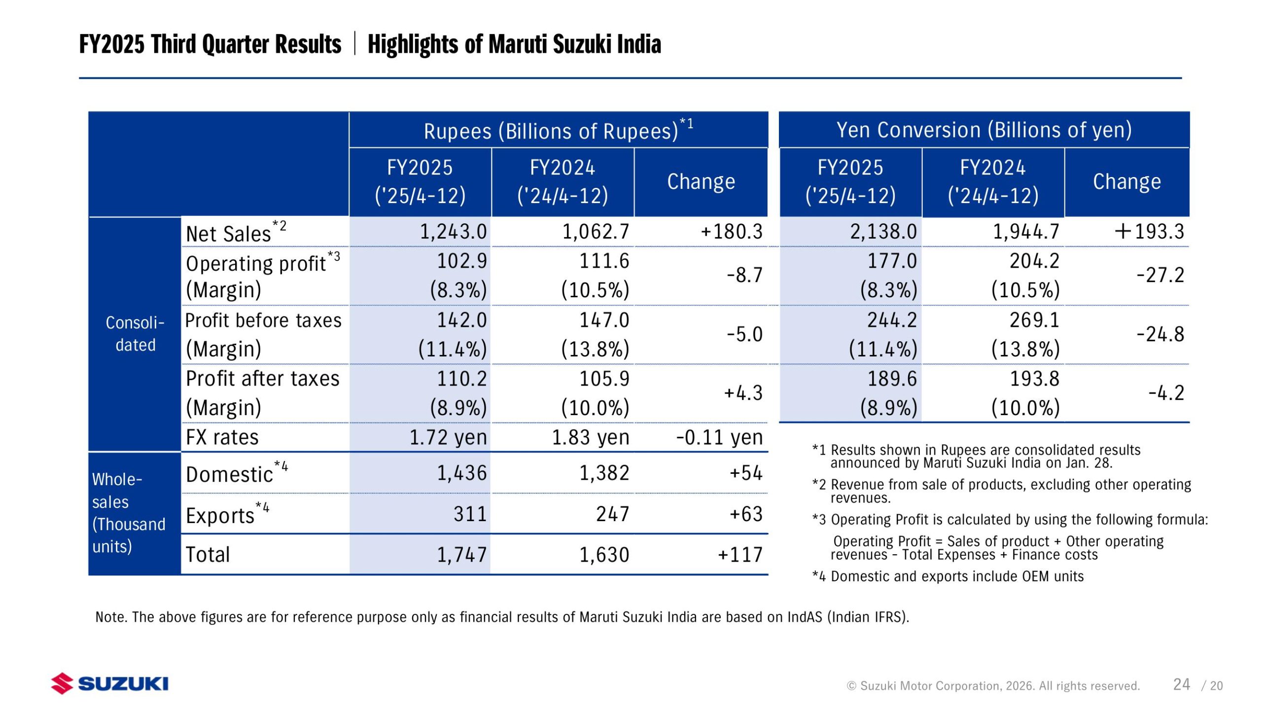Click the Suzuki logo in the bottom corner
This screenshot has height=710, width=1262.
pos(109,683)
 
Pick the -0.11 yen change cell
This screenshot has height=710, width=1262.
pos(719,437)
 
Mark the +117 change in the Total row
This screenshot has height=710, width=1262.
pos(740,555)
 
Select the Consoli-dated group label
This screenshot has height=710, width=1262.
pos(135,334)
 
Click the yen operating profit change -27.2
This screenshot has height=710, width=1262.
pos(1160,275)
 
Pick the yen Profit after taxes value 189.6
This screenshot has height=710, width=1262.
pos(892,379)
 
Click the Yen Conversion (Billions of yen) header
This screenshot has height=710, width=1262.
pos(984,130)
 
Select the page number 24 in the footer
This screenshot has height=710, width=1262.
pos(1181,684)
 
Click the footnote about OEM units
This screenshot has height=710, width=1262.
pos(948,576)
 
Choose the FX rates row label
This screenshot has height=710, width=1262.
pos(222,437)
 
